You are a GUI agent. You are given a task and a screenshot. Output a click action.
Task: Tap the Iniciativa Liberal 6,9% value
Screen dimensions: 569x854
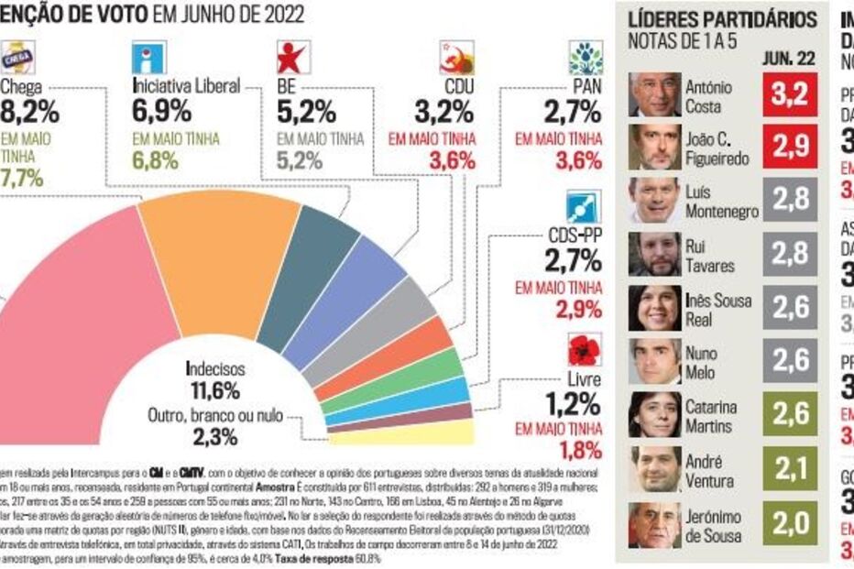click(161, 112)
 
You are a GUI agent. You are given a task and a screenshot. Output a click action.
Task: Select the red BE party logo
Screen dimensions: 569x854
click(293, 58)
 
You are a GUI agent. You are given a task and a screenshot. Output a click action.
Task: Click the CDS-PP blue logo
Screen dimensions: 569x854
click(583, 207)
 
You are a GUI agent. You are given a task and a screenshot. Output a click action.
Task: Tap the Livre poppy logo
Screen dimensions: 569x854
click(583, 349)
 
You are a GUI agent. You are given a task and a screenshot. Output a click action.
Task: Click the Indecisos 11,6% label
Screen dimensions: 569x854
click(214, 380)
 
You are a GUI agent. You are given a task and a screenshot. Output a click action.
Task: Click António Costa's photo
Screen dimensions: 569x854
click(654, 94)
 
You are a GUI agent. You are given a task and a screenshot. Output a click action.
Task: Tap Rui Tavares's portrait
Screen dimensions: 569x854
click(654, 254)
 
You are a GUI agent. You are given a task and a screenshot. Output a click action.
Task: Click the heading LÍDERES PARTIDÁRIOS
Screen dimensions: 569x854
click(720, 19)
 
